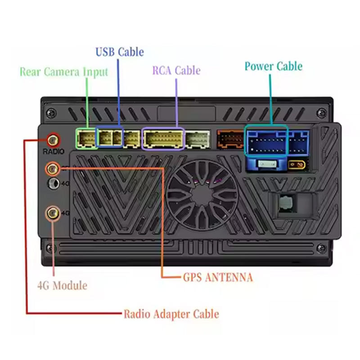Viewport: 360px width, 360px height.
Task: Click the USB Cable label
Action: click(120, 52)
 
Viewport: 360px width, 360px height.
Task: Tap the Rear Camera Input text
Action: click(64, 72)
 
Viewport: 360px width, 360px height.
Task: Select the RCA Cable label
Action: click(176, 70)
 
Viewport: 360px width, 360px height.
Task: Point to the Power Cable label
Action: click(274, 66)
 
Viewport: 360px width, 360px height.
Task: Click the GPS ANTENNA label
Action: click(218, 277)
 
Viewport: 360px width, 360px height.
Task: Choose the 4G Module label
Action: click(62, 286)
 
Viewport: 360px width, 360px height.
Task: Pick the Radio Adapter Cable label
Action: click(171, 314)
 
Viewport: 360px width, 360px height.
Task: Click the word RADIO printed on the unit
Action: click(53, 152)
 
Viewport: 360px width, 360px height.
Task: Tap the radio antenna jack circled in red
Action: click(53, 140)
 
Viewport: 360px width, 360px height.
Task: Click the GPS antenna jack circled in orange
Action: click(53, 169)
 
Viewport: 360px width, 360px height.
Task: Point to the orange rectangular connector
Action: click(230, 139)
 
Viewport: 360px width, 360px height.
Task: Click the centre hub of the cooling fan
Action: click(201, 195)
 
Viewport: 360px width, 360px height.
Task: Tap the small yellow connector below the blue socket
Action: click(297, 165)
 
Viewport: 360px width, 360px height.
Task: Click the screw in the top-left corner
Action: click(51, 113)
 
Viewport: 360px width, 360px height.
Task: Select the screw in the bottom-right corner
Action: click(321, 248)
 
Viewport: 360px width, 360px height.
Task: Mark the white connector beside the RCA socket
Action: click(198, 139)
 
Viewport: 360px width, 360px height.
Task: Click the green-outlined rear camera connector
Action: click(86, 139)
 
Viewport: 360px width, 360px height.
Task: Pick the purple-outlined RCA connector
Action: click(163, 139)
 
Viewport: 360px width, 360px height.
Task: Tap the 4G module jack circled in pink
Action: click(53, 213)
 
